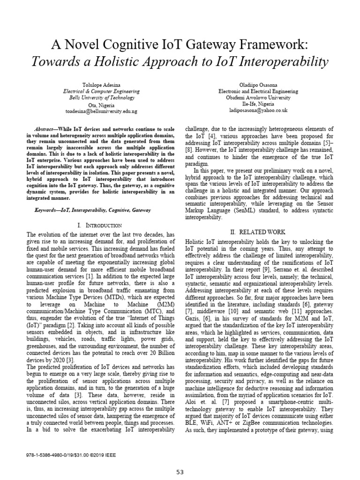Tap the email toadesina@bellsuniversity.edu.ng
click(101, 111)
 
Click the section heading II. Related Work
click(258, 232)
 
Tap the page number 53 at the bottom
click(180, 472)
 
